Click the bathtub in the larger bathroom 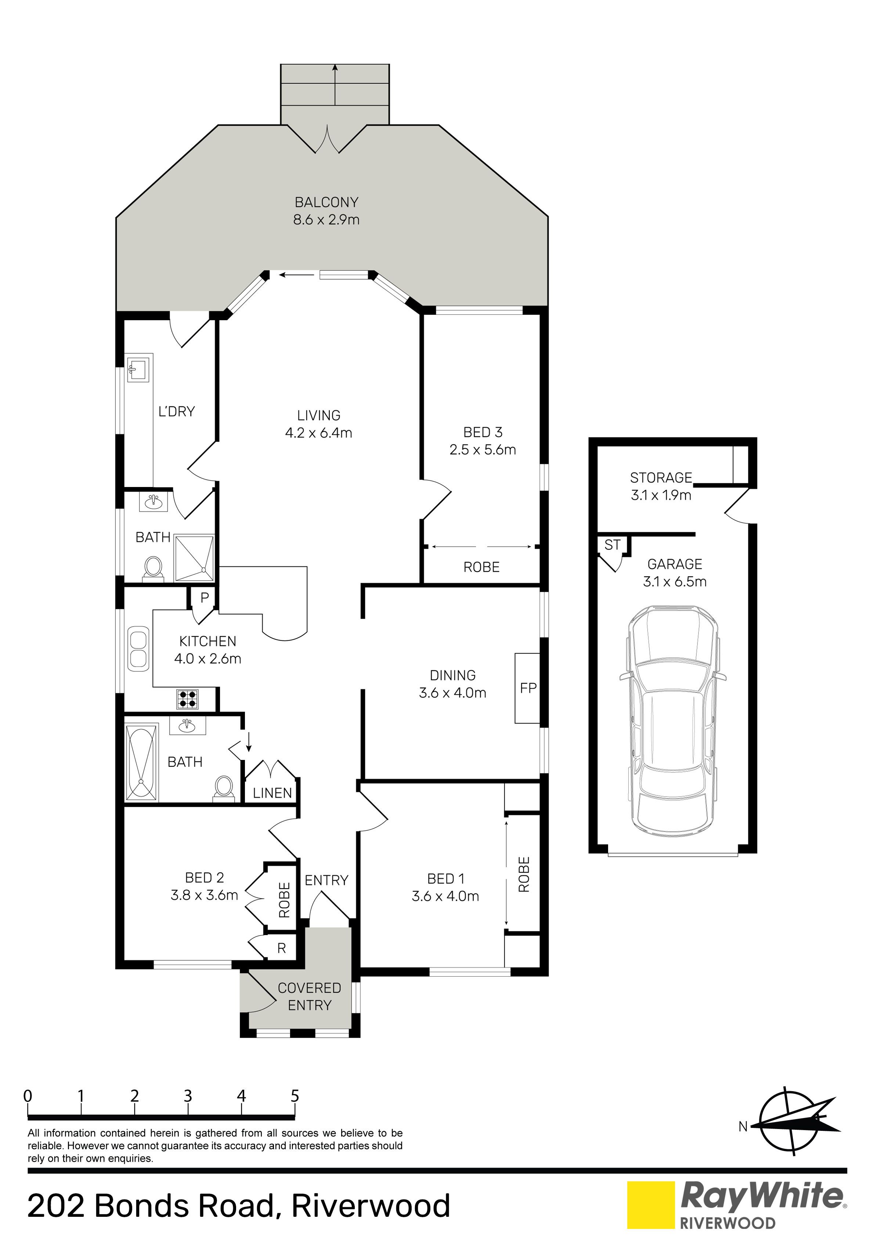click(142, 764)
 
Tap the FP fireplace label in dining click(528, 688)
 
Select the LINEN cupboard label click(272, 793)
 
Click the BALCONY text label click(326, 203)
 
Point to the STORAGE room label click(661, 478)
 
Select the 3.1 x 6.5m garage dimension click(675, 581)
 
